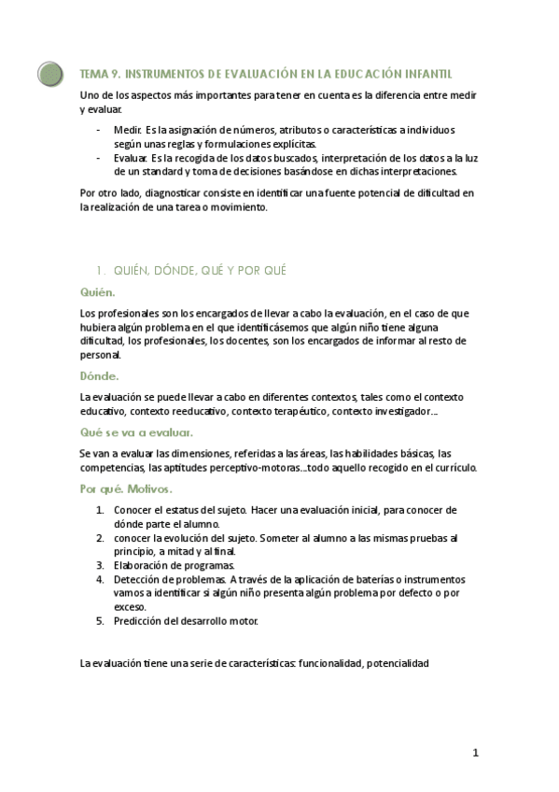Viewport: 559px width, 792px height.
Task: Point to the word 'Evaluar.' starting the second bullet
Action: pos(130,158)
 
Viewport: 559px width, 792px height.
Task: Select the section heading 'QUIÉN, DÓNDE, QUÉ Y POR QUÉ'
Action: pos(198,270)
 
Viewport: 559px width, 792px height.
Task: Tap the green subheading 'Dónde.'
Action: pos(99,376)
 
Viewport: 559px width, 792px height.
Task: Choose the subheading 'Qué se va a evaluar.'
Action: pos(136,432)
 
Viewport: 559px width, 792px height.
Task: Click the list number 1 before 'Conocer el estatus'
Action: pos(100,510)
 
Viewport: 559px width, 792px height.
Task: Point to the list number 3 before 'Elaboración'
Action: pos(100,565)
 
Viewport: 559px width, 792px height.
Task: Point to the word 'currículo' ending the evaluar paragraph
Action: pos(455,467)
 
